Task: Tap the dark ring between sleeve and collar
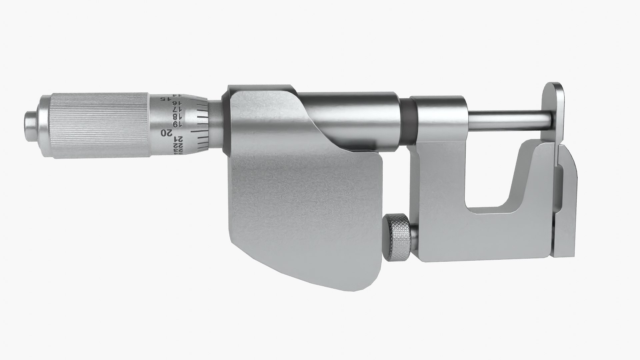pos(409,120)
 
